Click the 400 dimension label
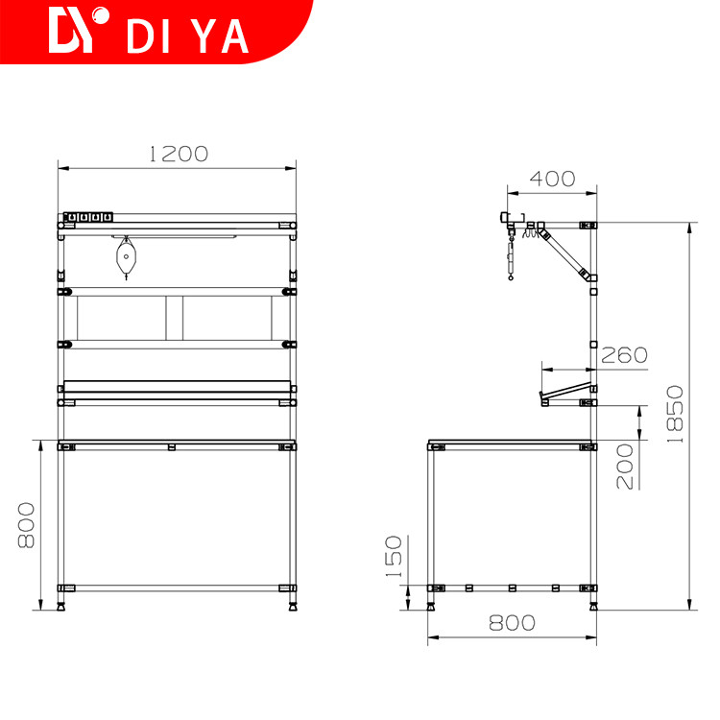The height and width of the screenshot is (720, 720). [551, 179]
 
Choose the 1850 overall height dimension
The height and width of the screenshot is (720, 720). [675, 414]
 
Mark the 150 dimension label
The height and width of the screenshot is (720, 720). [395, 557]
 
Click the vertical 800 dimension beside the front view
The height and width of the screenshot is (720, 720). [27, 525]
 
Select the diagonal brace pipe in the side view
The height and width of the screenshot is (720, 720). [565, 252]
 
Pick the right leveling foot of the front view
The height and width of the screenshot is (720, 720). [291, 605]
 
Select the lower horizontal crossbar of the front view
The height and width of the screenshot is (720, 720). [177, 588]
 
